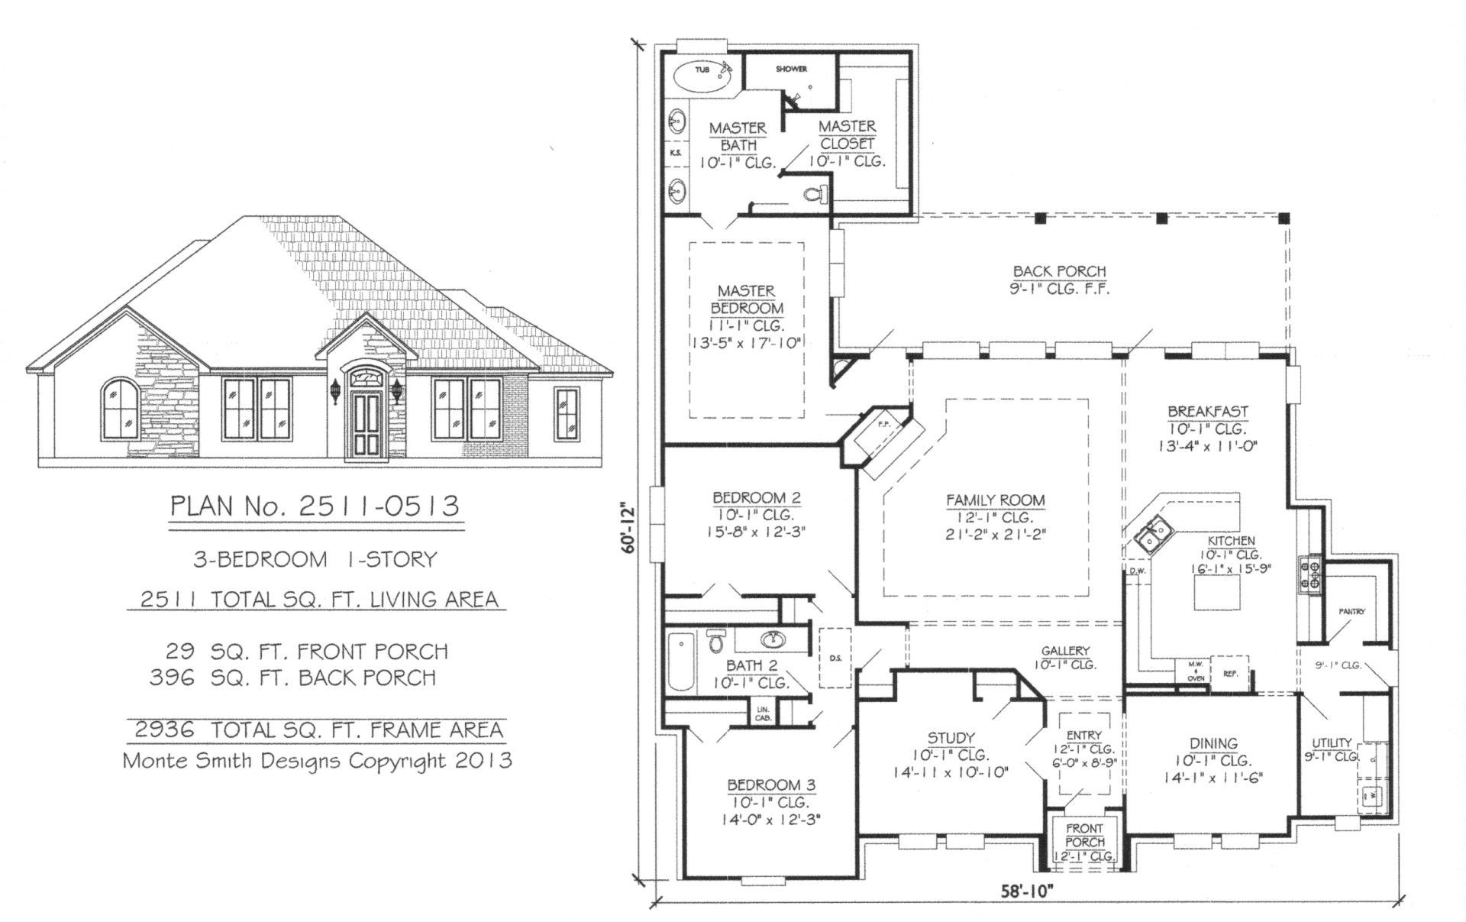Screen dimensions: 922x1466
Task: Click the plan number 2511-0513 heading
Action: coord(315,506)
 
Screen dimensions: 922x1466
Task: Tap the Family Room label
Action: coord(996,500)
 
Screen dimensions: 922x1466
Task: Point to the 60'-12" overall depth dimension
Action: coord(628,526)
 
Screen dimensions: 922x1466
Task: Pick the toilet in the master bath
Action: coord(815,194)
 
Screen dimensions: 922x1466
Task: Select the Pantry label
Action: coord(1351,612)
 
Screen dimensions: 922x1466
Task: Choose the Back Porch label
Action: coord(1059,271)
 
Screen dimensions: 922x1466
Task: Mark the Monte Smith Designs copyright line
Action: coord(317,761)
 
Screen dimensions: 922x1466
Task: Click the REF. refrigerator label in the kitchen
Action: coord(1230,674)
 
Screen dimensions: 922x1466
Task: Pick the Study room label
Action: coord(951,737)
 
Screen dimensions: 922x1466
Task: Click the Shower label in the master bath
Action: coord(791,69)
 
